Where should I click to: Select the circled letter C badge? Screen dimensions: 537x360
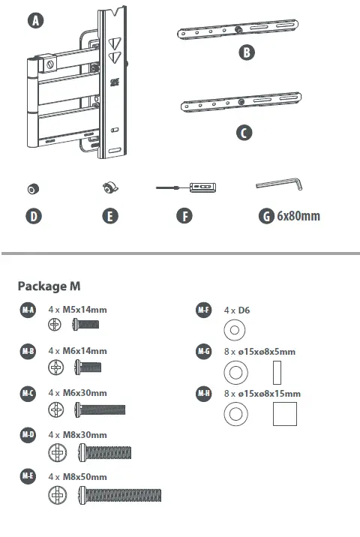pyautogui.click(x=244, y=132)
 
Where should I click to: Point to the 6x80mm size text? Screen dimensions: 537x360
pyautogui.click(x=298, y=216)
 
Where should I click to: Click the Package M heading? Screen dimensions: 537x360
pyautogui.click(x=49, y=286)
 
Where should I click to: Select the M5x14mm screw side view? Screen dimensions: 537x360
pyautogui.click(x=85, y=325)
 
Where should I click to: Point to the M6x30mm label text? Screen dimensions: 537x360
pyautogui.click(x=84, y=393)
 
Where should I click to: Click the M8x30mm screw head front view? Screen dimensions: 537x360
pyautogui.click(x=58, y=452)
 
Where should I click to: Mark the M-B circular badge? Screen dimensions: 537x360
pyautogui.click(x=27, y=351)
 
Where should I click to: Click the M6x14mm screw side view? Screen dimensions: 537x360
pyautogui.click(x=88, y=367)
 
